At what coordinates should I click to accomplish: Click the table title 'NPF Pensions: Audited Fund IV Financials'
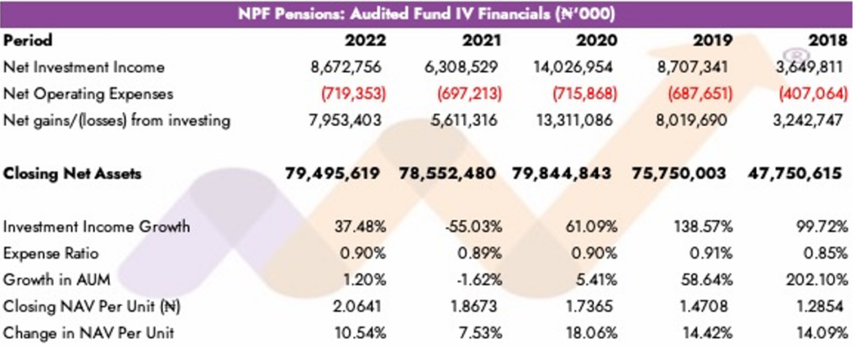(430, 13)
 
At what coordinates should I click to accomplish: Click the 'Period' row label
(27, 40)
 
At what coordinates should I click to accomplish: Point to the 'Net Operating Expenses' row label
(88, 93)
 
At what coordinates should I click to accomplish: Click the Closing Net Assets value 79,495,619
(334, 174)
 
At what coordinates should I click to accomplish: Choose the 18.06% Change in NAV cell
(593, 333)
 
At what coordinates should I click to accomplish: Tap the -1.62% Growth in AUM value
(480, 280)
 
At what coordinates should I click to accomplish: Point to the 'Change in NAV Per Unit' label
(88, 333)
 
